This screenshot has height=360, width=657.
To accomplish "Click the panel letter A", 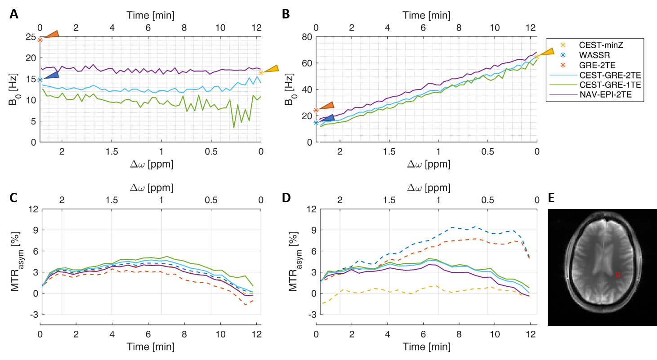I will [14, 14].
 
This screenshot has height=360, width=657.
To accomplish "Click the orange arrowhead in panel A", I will [51, 34].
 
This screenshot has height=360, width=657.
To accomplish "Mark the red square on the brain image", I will [618, 274].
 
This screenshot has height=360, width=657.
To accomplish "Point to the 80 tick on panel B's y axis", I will [306, 37].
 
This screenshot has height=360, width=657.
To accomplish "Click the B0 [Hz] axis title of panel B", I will [290, 90].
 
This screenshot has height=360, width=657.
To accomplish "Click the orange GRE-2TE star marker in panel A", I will [40, 40].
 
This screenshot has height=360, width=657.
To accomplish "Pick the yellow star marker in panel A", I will [261, 72].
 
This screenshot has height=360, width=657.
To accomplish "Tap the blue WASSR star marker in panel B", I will [316, 122].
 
